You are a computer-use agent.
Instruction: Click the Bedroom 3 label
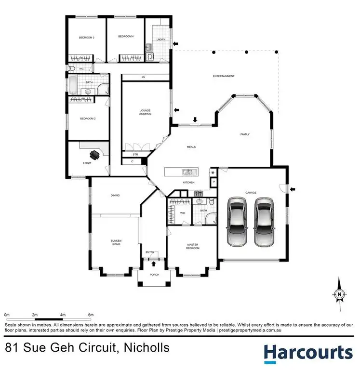87,38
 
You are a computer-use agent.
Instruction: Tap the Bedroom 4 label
125,36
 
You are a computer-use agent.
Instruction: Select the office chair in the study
95,155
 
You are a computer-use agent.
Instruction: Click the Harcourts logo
308,353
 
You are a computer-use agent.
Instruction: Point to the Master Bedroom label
193,247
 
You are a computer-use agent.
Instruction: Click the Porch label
154,275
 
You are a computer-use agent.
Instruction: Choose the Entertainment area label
224,76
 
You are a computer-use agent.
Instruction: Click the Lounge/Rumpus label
145,112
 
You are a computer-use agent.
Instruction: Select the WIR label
183,212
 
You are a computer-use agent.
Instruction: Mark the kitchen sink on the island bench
187,172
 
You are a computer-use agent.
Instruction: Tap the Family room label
245,134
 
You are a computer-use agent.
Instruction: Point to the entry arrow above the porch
154,263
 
